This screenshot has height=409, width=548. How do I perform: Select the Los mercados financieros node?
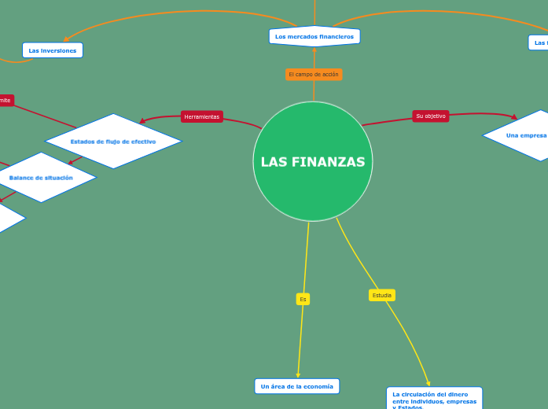pyautogui.click(x=314, y=36)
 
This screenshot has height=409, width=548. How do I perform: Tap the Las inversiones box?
pyautogui.click(x=53, y=50)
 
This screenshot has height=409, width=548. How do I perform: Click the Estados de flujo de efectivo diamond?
pyautogui.click(x=113, y=142)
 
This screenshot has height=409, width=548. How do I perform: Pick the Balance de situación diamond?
pyautogui.click(x=41, y=178)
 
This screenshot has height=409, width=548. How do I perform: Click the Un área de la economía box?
pyautogui.click(x=297, y=386)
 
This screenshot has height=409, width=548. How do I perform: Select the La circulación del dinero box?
pyautogui.click(x=434, y=399)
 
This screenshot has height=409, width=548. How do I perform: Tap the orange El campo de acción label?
pyautogui.click(x=314, y=75)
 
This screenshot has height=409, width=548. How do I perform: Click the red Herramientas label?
pyautogui.click(x=202, y=116)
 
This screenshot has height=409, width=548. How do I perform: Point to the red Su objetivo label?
pyautogui.click(x=431, y=116)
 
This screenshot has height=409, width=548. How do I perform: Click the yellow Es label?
pyautogui.click(x=303, y=299)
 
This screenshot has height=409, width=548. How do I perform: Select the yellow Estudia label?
pyautogui.click(x=382, y=295)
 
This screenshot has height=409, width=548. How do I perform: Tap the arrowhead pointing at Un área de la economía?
pyautogui.click(x=298, y=375)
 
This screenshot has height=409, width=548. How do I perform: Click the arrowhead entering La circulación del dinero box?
pyautogui.click(x=428, y=383)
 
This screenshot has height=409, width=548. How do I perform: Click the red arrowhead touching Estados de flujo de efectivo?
pyautogui.click(x=142, y=121)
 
